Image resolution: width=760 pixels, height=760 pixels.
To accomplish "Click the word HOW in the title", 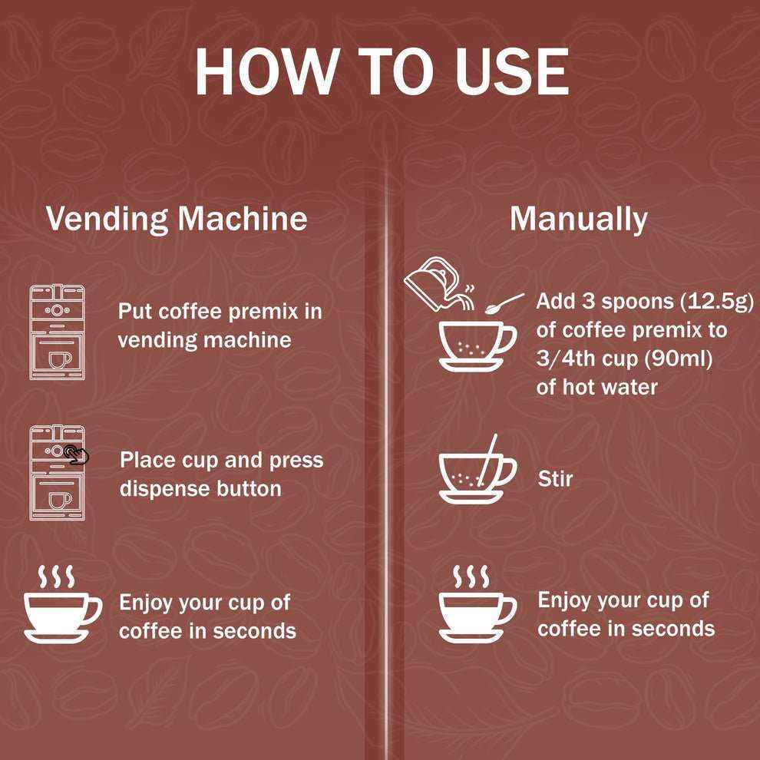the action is point(266,71).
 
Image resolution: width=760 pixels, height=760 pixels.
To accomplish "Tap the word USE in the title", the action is point(512,71).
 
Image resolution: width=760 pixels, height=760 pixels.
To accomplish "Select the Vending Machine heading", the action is point(177,219).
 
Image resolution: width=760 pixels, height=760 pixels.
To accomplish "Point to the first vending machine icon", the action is point(58,332).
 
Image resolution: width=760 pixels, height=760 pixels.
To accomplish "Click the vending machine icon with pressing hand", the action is point(58,473).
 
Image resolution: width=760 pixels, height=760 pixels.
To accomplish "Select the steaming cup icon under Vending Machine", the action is point(62,604).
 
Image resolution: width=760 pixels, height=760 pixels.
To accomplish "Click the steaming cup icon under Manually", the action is point(477,604).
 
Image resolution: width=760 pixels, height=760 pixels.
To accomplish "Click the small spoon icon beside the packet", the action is point(504,303).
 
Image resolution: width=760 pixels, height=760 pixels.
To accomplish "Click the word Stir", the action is point(556,479).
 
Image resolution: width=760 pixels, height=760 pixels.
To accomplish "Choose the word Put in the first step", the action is point(135,311).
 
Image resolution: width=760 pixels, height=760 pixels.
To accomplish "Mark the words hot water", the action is point(610,387).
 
